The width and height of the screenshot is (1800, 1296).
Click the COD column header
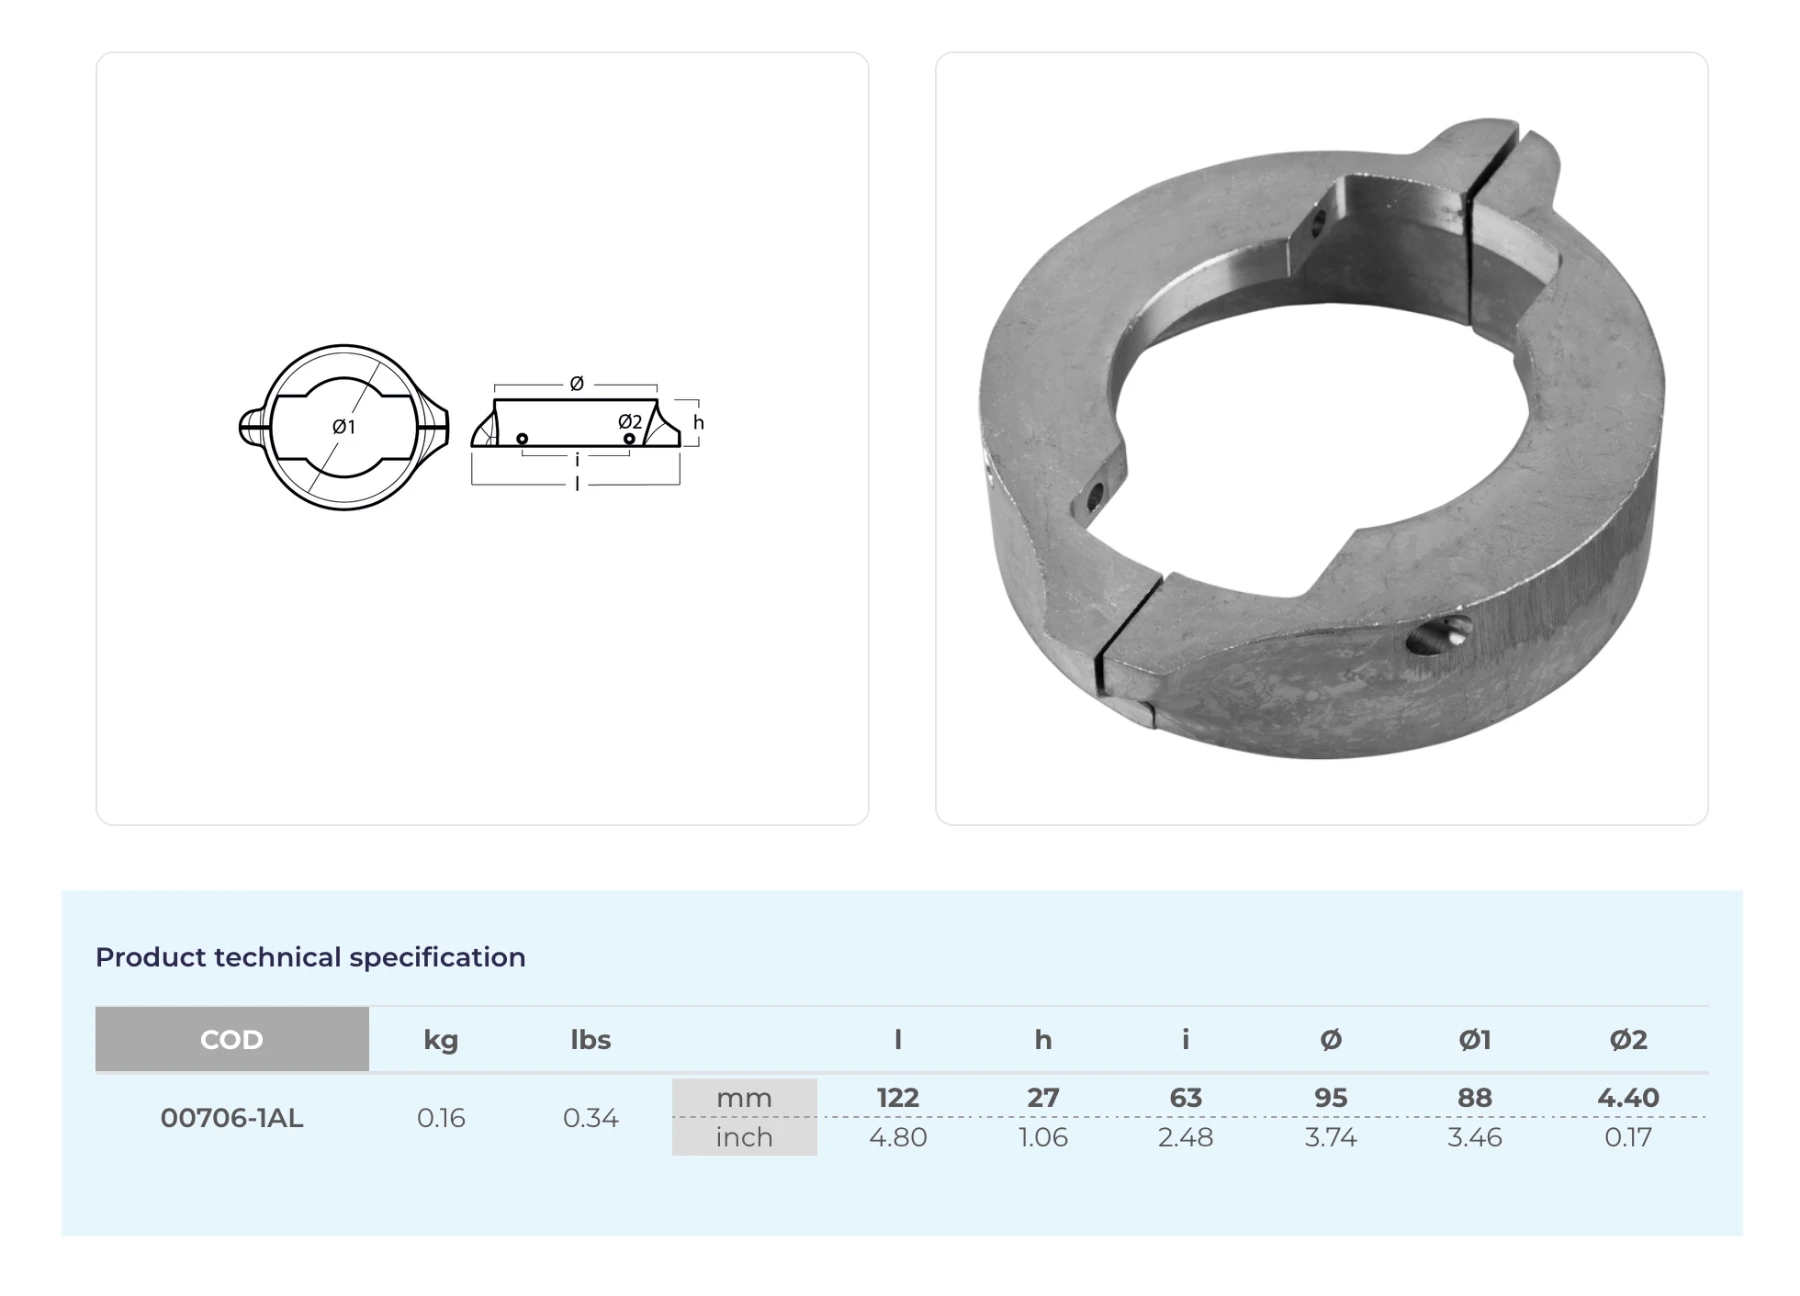point(232,1039)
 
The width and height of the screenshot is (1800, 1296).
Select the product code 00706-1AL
point(232,1118)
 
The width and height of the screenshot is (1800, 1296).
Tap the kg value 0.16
point(441,1118)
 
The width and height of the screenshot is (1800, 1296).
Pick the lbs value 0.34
point(591,1118)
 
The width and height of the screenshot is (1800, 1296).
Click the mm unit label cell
point(744,1098)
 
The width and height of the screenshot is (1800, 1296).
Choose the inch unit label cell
point(744,1137)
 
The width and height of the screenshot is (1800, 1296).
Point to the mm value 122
point(898,1098)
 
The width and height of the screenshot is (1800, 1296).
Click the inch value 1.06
point(1043,1137)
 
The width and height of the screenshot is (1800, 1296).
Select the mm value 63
point(1186,1098)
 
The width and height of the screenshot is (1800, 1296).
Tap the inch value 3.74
point(1331,1137)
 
